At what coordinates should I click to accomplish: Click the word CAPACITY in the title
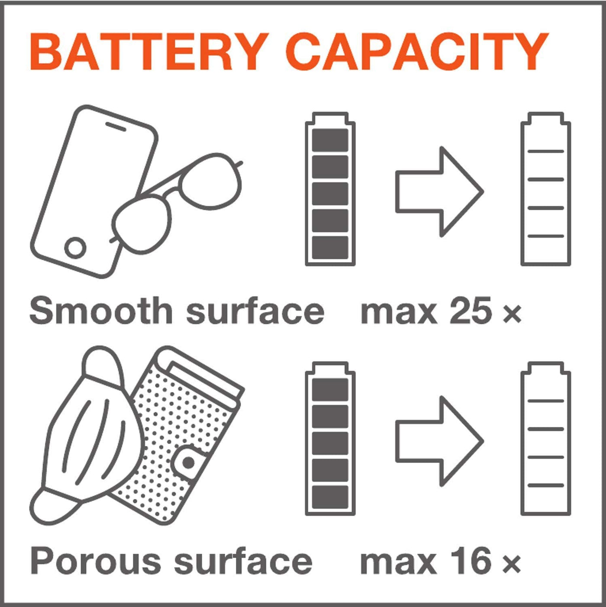pos(416,52)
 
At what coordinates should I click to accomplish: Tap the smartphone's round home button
pos(75,248)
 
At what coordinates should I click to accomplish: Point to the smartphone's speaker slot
pos(116,126)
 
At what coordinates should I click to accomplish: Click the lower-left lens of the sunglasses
pos(142,224)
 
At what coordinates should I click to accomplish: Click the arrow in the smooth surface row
pos(440,191)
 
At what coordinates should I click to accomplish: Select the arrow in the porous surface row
pos(440,441)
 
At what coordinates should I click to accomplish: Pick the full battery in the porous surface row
pos(330,439)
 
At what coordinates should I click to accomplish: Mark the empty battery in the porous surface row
pos(545,439)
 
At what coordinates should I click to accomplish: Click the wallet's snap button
pos(188,463)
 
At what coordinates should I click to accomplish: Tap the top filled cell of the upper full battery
pos(330,139)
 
